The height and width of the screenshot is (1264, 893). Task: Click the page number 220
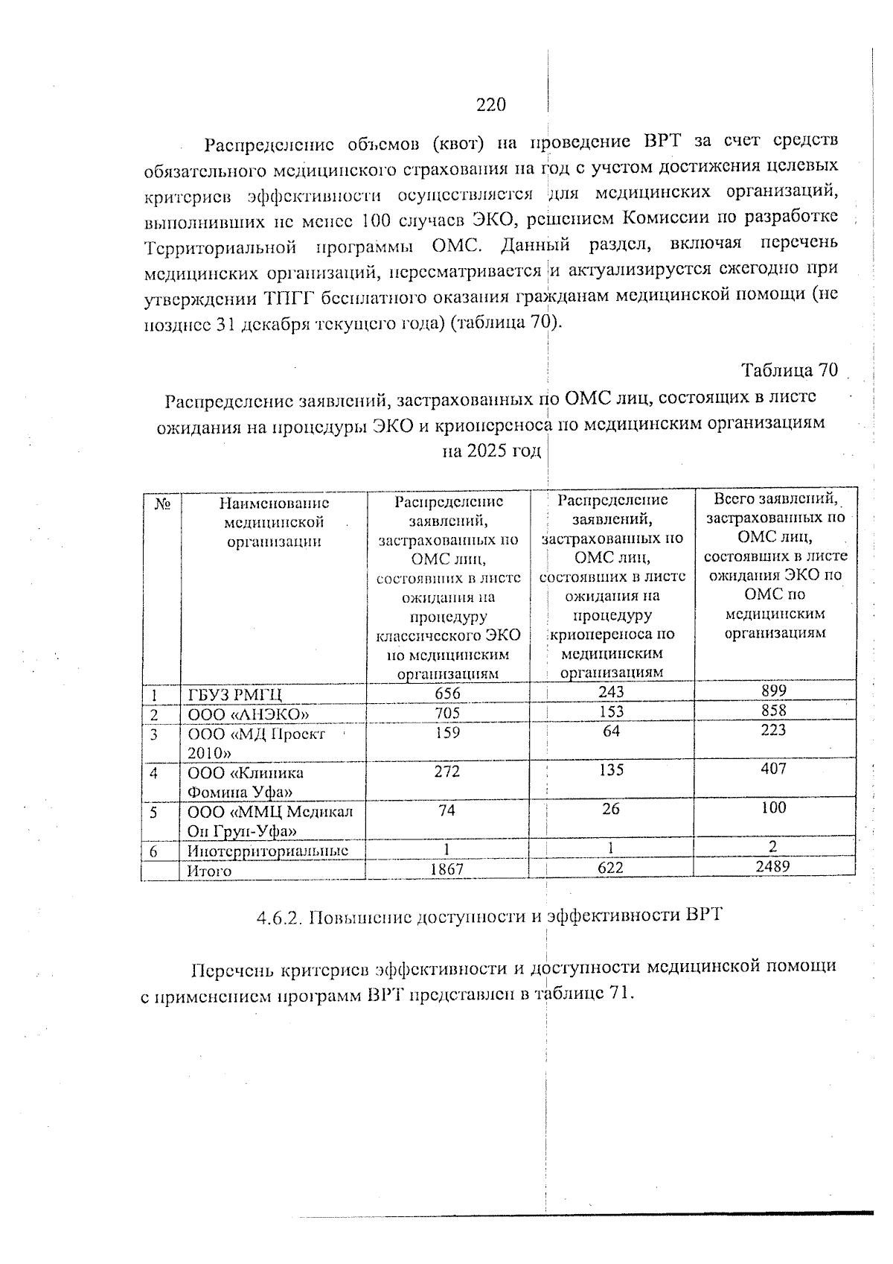coord(491,105)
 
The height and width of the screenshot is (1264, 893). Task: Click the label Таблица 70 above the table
coord(790,370)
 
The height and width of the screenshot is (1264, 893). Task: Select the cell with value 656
coord(447,693)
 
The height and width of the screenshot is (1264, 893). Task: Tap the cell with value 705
coord(447,713)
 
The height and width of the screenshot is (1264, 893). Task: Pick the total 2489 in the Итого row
coord(774,866)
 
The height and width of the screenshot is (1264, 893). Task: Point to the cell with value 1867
coord(447,869)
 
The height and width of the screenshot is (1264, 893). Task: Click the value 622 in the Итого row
coord(611,868)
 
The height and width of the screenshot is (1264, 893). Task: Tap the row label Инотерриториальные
coord(268,851)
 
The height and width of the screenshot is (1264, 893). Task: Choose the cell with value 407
coord(774,769)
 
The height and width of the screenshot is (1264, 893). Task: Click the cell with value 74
coord(447,810)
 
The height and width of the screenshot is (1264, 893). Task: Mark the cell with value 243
coord(611,692)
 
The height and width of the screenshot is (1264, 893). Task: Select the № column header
coord(160,504)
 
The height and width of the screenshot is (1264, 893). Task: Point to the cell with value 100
coord(774,807)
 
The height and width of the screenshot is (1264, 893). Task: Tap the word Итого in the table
coord(209,871)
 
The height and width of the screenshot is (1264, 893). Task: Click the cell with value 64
coord(611,731)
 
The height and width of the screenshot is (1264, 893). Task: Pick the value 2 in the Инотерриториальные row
coord(774,847)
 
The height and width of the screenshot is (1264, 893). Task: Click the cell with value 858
coord(774,711)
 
